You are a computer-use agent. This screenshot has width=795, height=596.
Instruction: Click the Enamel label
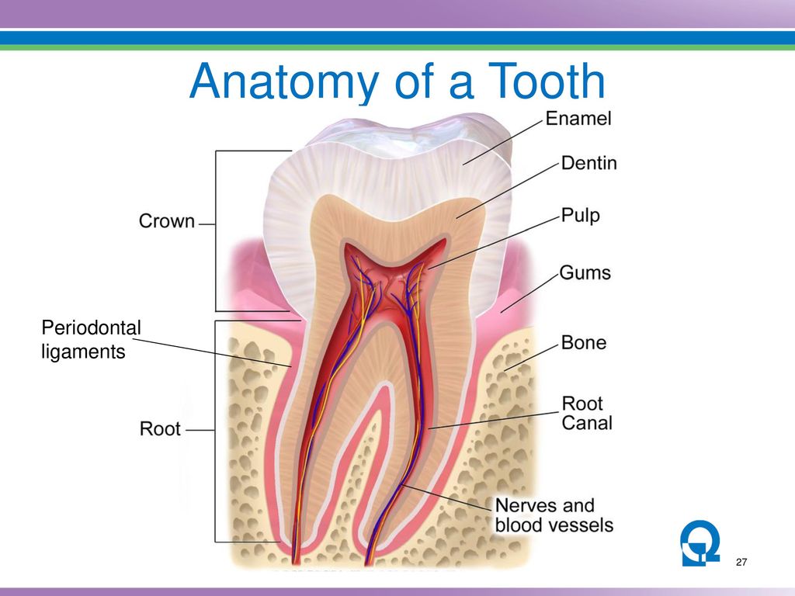coord(578,119)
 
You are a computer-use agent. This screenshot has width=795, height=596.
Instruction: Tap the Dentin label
coord(588,163)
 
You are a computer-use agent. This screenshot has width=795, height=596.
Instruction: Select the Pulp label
coord(581,216)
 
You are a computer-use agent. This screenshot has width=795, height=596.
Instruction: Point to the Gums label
coord(585,272)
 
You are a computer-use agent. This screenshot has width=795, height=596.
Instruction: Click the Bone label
coord(584,342)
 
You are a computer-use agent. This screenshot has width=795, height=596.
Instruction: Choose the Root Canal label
coord(587,413)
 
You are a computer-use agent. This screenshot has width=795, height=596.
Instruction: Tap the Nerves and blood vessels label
coord(554,515)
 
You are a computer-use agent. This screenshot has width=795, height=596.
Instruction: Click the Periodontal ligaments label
coord(91,340)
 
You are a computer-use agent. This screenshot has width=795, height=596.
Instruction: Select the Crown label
coord(167,221)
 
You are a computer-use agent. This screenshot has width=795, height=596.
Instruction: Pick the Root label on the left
coord(160,428)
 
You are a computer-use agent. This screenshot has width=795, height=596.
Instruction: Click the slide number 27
coord(741,562)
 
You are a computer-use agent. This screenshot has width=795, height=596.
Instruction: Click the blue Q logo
coord(700,542)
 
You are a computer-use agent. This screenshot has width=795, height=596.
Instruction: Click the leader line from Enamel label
coord(503,143)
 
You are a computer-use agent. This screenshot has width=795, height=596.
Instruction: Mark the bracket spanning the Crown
coord(216,230)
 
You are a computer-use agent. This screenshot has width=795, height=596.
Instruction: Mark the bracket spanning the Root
coord(215,431)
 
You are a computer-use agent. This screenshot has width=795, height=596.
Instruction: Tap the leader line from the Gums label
coord(529,293)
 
